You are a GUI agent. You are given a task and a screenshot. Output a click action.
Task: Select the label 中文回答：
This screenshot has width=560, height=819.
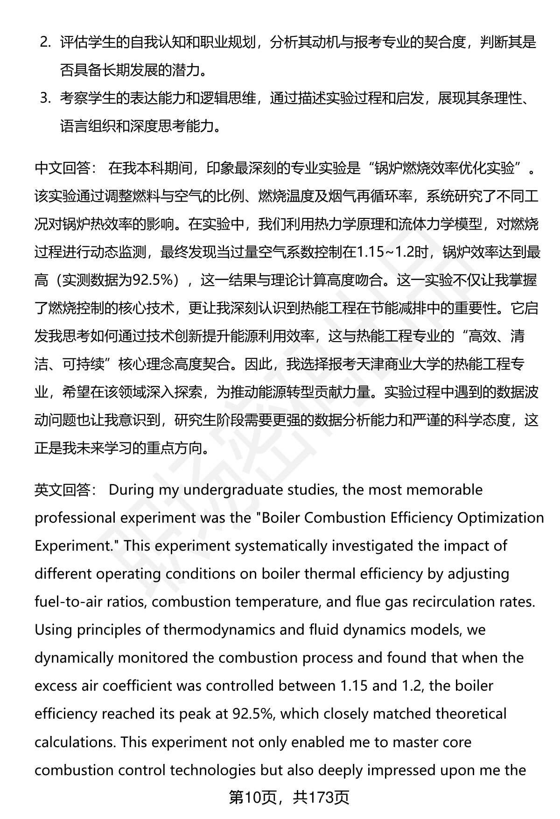click(x=65, y=168)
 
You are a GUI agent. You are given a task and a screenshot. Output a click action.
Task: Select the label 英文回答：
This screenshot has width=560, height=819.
click(x=65, y=490)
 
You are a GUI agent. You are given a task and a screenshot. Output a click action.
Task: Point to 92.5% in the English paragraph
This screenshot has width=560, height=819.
click(x=252, y=714)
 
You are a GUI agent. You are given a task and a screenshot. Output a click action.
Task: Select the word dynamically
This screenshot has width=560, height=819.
click(x=74, y=658)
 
